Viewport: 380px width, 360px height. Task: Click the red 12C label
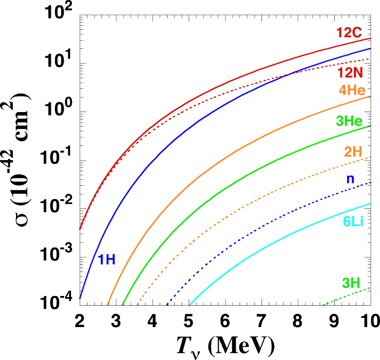click(x=349, y=33)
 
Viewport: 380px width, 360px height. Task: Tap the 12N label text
click(x=350, y=73)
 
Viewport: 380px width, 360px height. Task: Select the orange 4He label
click(x=352, y=90)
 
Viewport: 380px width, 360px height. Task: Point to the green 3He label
click(x=349, y=121)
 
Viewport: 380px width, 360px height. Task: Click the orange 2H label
click(x=353, y=152)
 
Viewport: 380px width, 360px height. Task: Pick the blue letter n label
click(x=350, y=179)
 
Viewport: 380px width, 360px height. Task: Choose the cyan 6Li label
click(x=353, y=222)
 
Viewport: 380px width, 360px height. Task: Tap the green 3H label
click(x=351, y=283)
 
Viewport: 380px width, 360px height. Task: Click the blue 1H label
click(x=107, y=260)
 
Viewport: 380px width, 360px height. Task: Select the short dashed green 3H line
click(x=346, y=296)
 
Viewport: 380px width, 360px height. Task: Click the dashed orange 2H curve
click(x=238, y=208)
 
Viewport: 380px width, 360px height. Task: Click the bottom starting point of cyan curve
click(x=190, y=304)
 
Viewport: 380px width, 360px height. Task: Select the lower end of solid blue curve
click(x=80, y=298)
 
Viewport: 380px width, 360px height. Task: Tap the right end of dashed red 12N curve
click(x=369, y=59)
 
